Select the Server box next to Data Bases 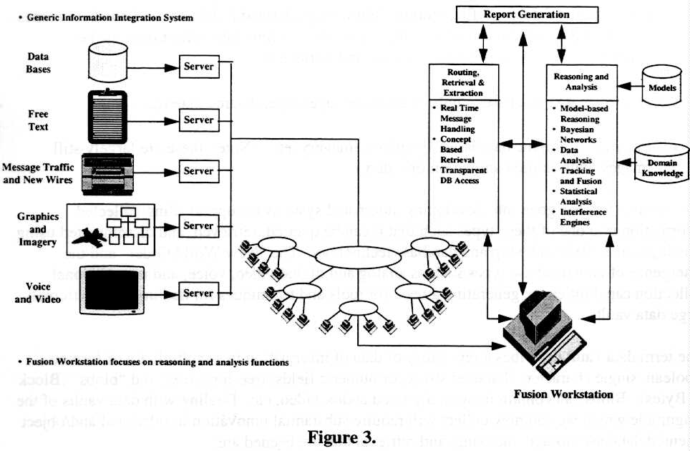tap(198, 67)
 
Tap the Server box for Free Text tap(198, 120)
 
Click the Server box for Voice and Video tap(198, 293)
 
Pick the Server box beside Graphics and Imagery tap(198, 225)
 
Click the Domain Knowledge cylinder tap(661, 163)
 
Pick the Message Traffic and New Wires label tap(37, 173)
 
